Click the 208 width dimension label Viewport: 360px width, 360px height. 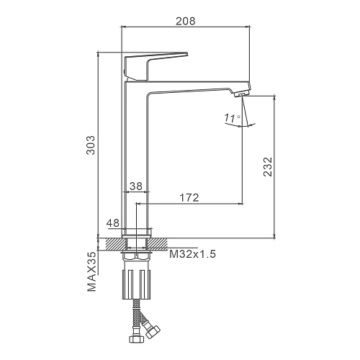(186, 21)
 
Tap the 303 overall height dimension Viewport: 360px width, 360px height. (91, 145)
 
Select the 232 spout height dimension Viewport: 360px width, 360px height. (268, 167)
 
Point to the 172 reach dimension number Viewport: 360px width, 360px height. (189, 197)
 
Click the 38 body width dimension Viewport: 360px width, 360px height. (136, 186)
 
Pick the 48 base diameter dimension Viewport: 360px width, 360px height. (113, 223)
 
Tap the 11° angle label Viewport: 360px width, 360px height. (232, 118)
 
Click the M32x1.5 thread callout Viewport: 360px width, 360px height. (192, 253)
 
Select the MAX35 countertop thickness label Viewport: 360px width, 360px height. (91, 271)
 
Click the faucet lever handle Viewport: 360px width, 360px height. (153, 65)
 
